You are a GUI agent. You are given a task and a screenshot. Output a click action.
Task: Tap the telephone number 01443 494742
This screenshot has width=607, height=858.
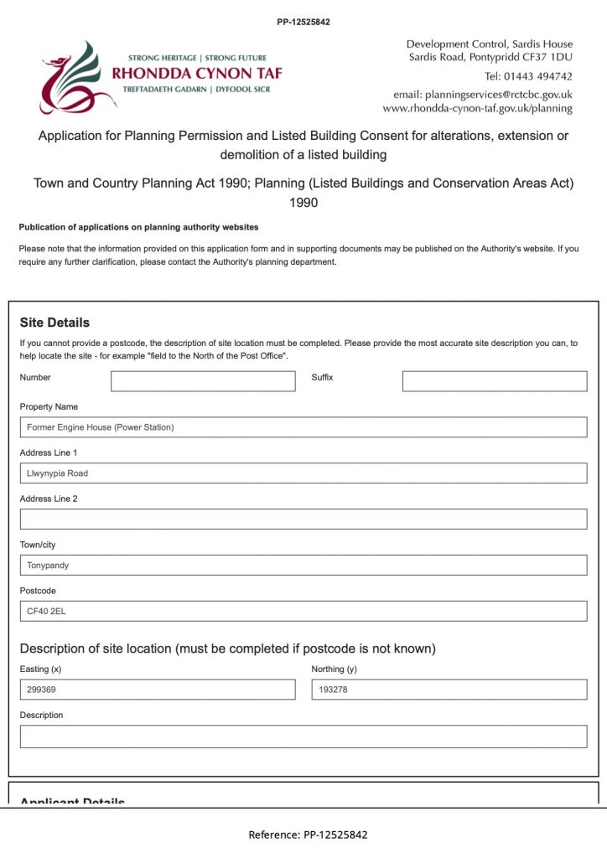[x=529, y=76]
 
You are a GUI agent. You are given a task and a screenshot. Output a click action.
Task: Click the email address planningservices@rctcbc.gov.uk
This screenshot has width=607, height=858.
[x=483, y=95]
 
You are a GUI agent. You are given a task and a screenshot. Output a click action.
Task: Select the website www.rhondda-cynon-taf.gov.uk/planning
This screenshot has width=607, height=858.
[x=478, y=108]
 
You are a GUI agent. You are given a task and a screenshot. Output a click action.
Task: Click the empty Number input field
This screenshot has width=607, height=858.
[x=203, y=381]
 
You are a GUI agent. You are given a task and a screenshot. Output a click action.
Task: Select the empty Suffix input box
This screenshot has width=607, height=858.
[x=495, y=381]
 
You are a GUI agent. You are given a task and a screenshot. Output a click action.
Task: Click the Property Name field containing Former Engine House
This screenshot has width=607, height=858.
[x=303, y=427]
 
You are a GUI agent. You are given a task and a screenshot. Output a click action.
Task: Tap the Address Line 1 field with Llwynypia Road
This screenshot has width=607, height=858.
[x=303, y=473]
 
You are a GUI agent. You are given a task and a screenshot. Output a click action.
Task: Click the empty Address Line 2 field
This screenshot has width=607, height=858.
[x=303, y=519]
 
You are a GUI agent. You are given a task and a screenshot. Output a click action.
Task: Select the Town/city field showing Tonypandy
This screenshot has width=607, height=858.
[x=303, y=565]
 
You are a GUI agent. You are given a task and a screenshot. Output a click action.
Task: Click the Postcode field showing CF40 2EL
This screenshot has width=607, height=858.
[x=303, y=611]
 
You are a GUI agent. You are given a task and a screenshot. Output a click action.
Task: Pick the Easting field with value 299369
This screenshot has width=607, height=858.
[x=158, y=690]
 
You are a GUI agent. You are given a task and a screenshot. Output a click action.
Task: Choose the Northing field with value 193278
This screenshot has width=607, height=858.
[x=449, y=690]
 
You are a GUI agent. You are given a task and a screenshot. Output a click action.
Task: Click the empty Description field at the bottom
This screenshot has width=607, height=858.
[x=303, y=737]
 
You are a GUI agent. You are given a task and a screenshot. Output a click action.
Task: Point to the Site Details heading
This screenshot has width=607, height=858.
[x=54, y=323]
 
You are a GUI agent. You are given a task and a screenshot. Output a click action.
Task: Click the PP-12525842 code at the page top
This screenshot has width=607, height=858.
[x=303, y=22]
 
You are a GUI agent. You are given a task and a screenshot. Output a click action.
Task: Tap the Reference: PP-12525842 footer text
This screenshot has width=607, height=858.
[x=308, y=835]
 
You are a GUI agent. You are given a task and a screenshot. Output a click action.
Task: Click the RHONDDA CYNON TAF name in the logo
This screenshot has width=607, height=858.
[x=197, y=73]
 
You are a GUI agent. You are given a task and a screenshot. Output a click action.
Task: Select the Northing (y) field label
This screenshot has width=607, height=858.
[x=334, y=669]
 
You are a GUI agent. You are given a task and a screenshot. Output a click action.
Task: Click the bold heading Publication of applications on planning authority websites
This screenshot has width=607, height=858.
[x=138, y=227]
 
